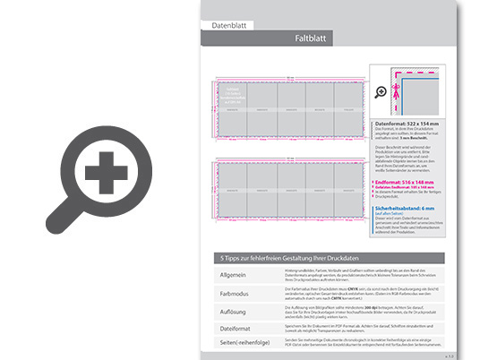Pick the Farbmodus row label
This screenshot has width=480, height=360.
coord(236,293)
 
